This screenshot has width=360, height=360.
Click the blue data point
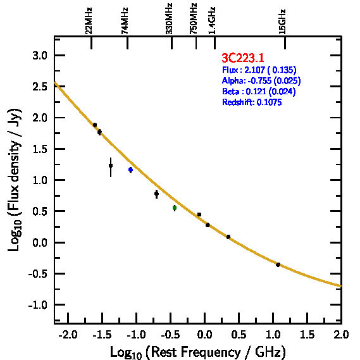pyautogui.click(x=130, y=170)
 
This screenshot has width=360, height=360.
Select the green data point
pyautogui.click(x=175, y=208)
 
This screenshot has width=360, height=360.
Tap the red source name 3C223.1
pyautogui.click(x=243, y=58)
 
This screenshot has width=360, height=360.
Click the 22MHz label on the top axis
pyautogui.click(x=89, y=21)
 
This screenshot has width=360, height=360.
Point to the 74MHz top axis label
pyautogui.click(x=125, y=21)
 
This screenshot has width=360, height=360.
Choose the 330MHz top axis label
pyautogui.click(x=169, y=19)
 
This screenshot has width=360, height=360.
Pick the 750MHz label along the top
pyautogui.click(x=194, y=19)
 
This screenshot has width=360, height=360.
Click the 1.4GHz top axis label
pyautogui.click(x=212, y=21)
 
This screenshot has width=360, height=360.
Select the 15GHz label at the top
pyautogui.click(x=282, y=22)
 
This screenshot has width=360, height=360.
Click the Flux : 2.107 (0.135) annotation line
pyautogui.click(x=259, y=70)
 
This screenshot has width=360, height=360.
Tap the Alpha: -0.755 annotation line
pyautogui.click(x=261, y=80)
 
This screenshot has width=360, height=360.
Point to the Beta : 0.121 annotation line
pyautogui.click(x=259, y=91)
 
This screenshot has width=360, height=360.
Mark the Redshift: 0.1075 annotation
pyautogui.click(x=252, y=102)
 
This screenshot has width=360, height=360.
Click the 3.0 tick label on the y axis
pyautogui.click(x=40, y=56)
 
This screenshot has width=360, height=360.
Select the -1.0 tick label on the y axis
pyautogui.click(x=38, y=305)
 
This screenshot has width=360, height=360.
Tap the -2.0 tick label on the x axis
pyautogui.click(x=68, y=335)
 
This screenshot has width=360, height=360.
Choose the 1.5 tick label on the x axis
pyautogui.click(x=307, y=335)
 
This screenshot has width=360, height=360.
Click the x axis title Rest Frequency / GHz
pyautogui.click(x=198, y=352)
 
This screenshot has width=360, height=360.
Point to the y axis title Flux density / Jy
pyautogui.click(x=15, y=180)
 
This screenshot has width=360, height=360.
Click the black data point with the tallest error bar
pyautogui.click(x=111, y=166)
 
